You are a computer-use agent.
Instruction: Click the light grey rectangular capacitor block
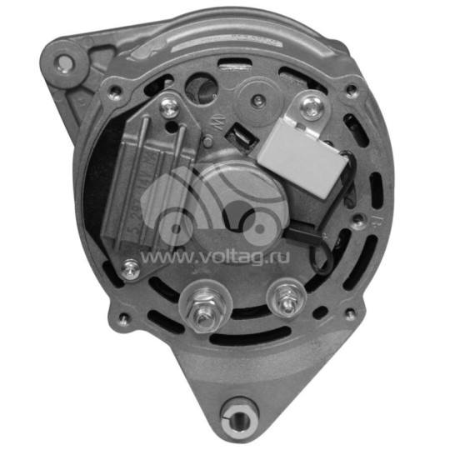pos(302,151)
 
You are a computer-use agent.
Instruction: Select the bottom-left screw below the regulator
pos(131,268)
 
